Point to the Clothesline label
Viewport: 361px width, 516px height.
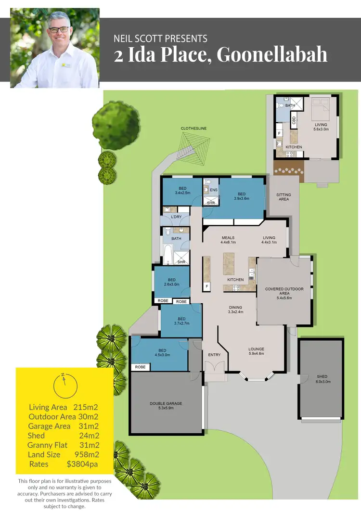pyautogui.click(x=194, y=129)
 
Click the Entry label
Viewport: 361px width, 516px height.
pyautogui.click(x=214, y=355)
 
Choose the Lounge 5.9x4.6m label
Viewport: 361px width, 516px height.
pyautogui.click(x=256, y=352)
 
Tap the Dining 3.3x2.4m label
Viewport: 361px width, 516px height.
pyautogui.click(x=235, y=310)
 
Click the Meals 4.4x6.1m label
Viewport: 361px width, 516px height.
pyautogui.click(x=228, y=240)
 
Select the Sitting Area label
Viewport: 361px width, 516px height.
pyautogui.click(x=284, y=197)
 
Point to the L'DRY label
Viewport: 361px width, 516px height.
pyautogui.click(x=176, y=218)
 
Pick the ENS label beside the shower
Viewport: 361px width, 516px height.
pyautogui.click(x=214, y=190)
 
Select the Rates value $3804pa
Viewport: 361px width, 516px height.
pyautogui.click(x=82, y=464)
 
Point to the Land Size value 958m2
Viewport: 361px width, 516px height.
pyautogui.click(x=87, y=454)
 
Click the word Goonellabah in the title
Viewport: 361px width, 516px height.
pyautogui.click(x=272, y=55)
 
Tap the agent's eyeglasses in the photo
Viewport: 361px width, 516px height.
pyautogui.click(x=59, y=29)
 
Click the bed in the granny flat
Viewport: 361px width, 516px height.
pyautogui.click(x=320, y=110)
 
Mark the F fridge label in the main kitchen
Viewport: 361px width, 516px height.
pyautogui.click(x=207, y=286)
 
